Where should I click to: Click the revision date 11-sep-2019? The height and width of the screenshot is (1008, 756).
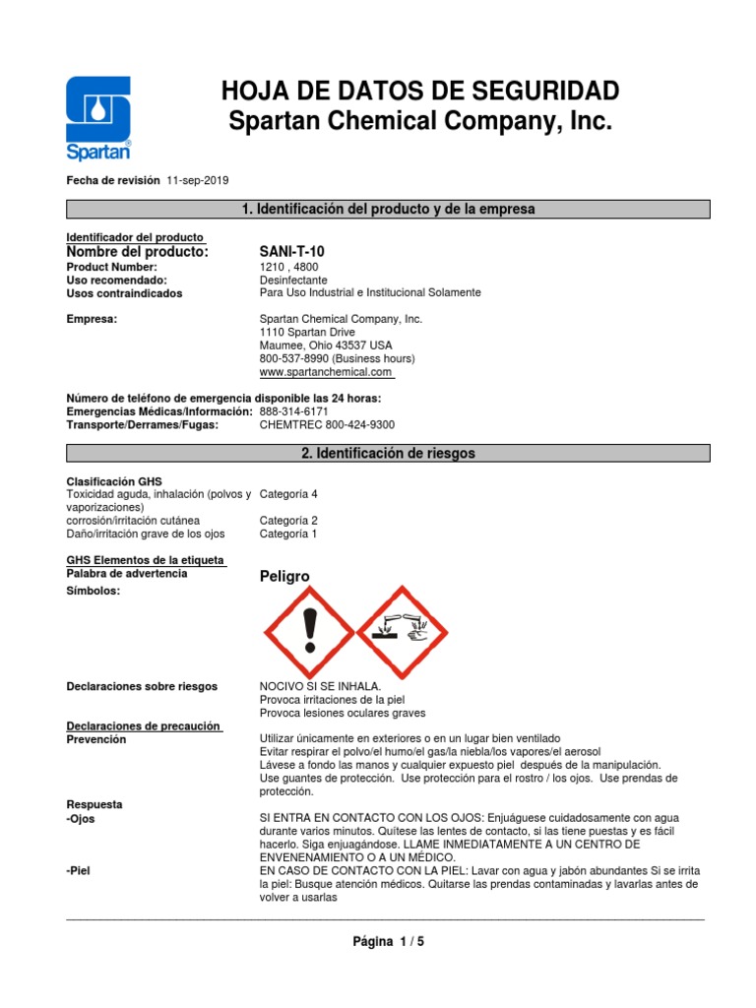point(198,181)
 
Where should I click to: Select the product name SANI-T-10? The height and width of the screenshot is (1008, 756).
point(290,253)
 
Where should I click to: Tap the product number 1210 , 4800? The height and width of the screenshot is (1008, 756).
point(289,267)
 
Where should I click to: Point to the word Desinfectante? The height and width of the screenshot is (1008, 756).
point(293,280)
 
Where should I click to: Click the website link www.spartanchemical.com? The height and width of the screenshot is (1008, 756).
point(326,373)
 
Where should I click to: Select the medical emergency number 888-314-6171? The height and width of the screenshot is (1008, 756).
point(293,410)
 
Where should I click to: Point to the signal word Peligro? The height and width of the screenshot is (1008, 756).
point(284,576)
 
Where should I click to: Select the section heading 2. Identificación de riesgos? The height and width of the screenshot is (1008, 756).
point(387,453)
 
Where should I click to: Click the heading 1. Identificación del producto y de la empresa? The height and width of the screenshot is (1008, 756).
point(387,209)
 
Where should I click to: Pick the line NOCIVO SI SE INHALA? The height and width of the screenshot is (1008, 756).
point(320,686)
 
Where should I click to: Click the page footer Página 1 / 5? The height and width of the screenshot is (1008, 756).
point(389,941)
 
